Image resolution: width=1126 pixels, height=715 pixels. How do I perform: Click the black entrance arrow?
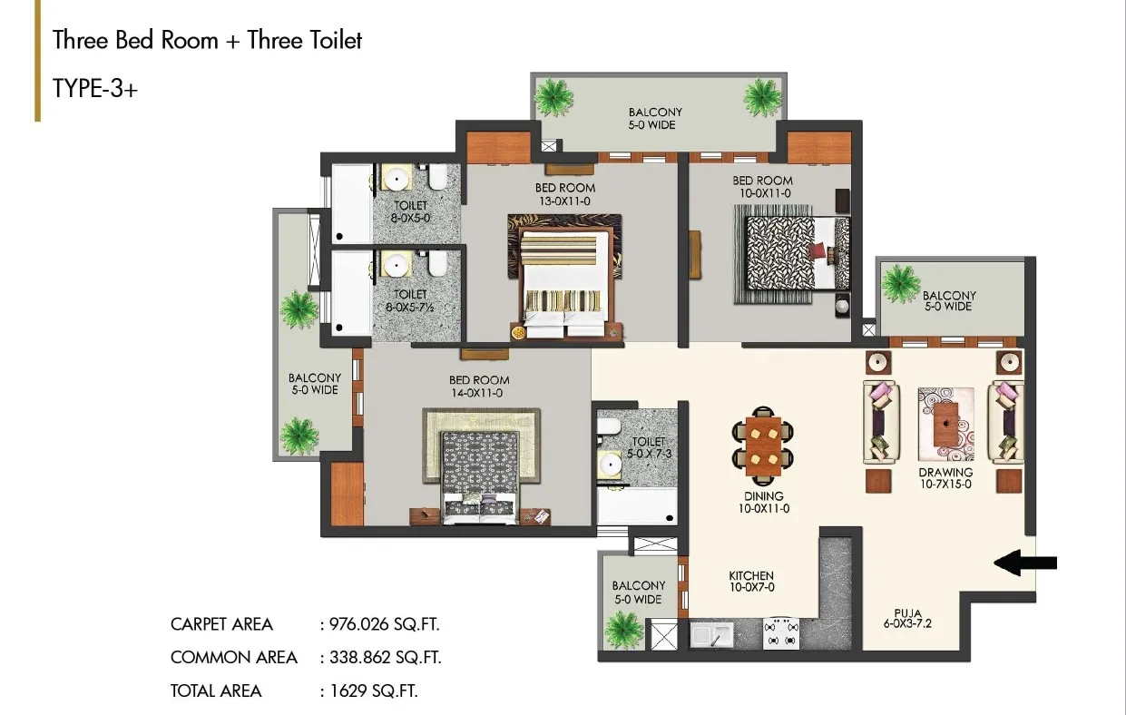pos(1025,563)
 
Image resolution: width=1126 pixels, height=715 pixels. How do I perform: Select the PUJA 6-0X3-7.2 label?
pos(908,619)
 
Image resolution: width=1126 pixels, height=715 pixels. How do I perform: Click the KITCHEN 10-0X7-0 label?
pos(751,582)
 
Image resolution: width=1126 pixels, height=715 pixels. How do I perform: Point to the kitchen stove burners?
pos(781,633)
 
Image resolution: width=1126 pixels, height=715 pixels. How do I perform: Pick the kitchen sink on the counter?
pos(711,634)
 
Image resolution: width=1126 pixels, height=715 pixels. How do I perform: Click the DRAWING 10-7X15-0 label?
pos(945,478)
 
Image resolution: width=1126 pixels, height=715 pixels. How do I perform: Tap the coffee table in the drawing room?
pos(946,425)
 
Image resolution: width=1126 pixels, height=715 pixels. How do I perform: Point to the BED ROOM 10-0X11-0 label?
pos(763,187)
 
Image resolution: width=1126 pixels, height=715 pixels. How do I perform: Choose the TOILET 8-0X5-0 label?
pos(411,211)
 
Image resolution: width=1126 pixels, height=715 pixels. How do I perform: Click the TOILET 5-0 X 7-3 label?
pos(649,447)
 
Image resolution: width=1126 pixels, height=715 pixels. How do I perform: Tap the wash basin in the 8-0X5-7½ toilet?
pos(397,264)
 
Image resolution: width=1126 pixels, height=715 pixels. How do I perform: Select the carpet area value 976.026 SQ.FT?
pos(384,624)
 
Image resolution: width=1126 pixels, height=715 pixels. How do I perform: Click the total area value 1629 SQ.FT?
pos(374,691)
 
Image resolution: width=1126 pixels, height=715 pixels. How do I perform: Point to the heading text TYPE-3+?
pos(95,89)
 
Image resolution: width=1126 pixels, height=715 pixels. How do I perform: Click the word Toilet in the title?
pos(304,40)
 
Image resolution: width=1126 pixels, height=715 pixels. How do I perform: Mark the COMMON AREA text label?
pos(234,657)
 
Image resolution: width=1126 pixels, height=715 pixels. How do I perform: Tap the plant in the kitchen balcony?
pos(624,629)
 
